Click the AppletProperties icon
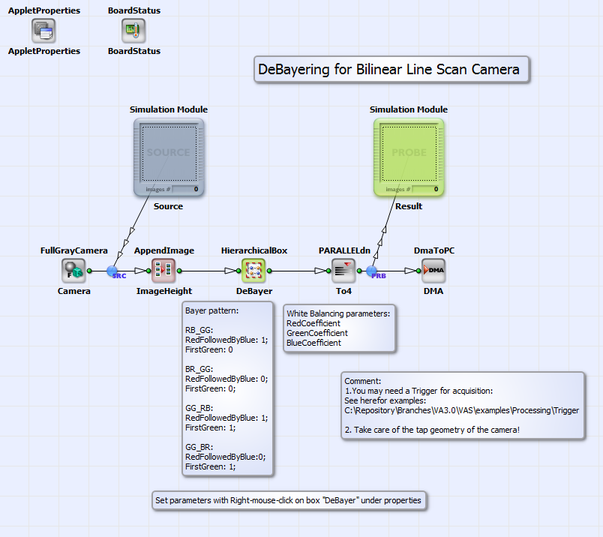coord(43,31)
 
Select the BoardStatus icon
coord(133,31)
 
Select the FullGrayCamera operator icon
coord(73,270)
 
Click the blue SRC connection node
coord(112,271)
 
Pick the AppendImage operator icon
coord(163,270)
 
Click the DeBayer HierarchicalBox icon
coord(253,270)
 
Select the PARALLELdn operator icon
coord(343,270)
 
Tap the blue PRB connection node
coord(373,271)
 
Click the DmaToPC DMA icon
coord(433,270)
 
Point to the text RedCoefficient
coord(313,323)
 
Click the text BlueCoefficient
coord(313,343)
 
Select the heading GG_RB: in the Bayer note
coord(199,408)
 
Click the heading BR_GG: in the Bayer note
coord(199,369)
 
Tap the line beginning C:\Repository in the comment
coord(461,411)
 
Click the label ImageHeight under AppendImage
coord(163,291)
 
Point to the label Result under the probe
coord(409,206)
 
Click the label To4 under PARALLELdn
coord(343,291)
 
